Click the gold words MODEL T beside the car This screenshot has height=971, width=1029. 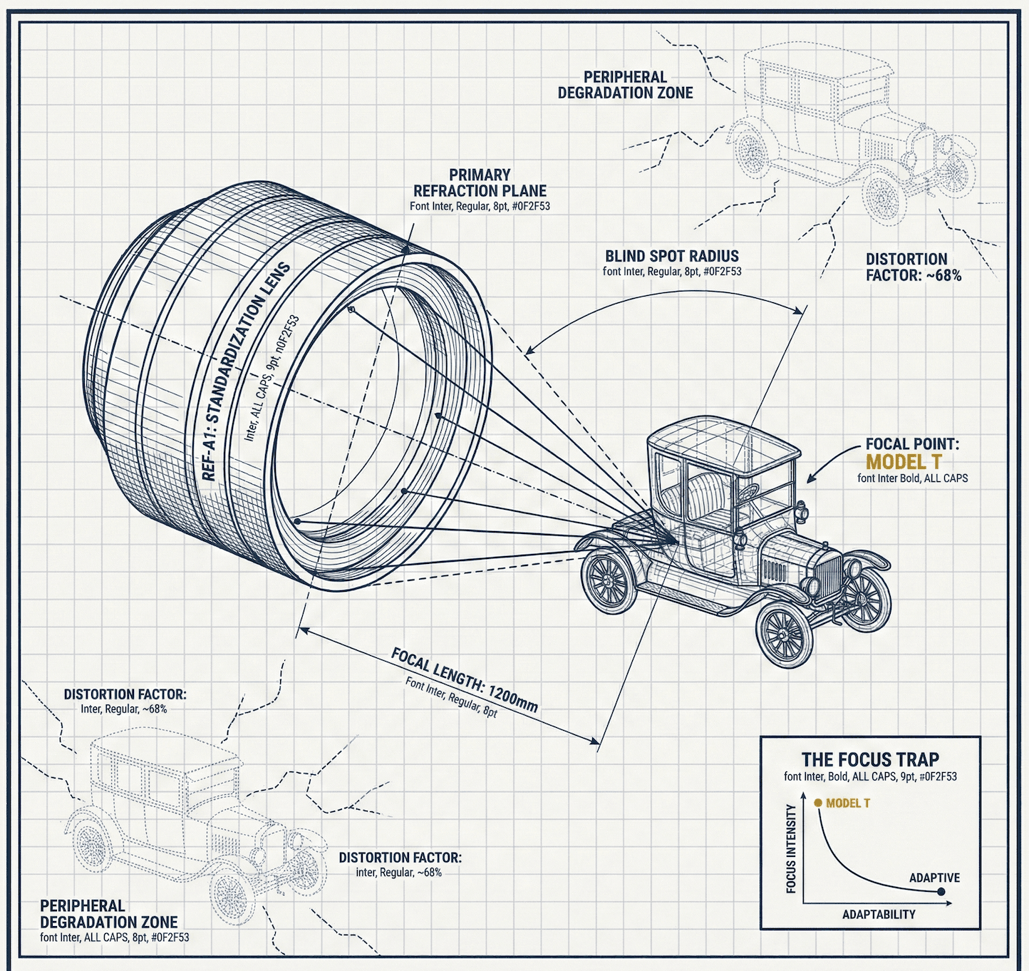(x=904, y=462)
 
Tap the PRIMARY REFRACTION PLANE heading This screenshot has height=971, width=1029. (x=480, y=183)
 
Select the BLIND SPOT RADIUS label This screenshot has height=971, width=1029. (x=671, y=256)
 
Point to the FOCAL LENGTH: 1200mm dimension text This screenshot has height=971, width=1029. (x=464, y=679)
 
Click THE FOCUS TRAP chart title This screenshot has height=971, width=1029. (x=870, y=759)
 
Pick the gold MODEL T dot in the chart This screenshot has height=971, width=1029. (x=818, y=803)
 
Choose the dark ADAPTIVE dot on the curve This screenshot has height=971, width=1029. (x=941, y=891)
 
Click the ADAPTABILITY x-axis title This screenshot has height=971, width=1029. (x=879, y=915)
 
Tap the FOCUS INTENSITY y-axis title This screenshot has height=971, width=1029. (x=791, y=848)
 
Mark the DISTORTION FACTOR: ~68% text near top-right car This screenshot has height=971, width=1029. (x=913, y=267)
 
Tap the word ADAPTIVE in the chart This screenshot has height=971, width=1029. (x=934, y=878)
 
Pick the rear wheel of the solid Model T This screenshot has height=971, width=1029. (x=609, y=581)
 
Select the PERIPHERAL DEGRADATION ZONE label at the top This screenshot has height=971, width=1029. (x=625, y=85)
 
